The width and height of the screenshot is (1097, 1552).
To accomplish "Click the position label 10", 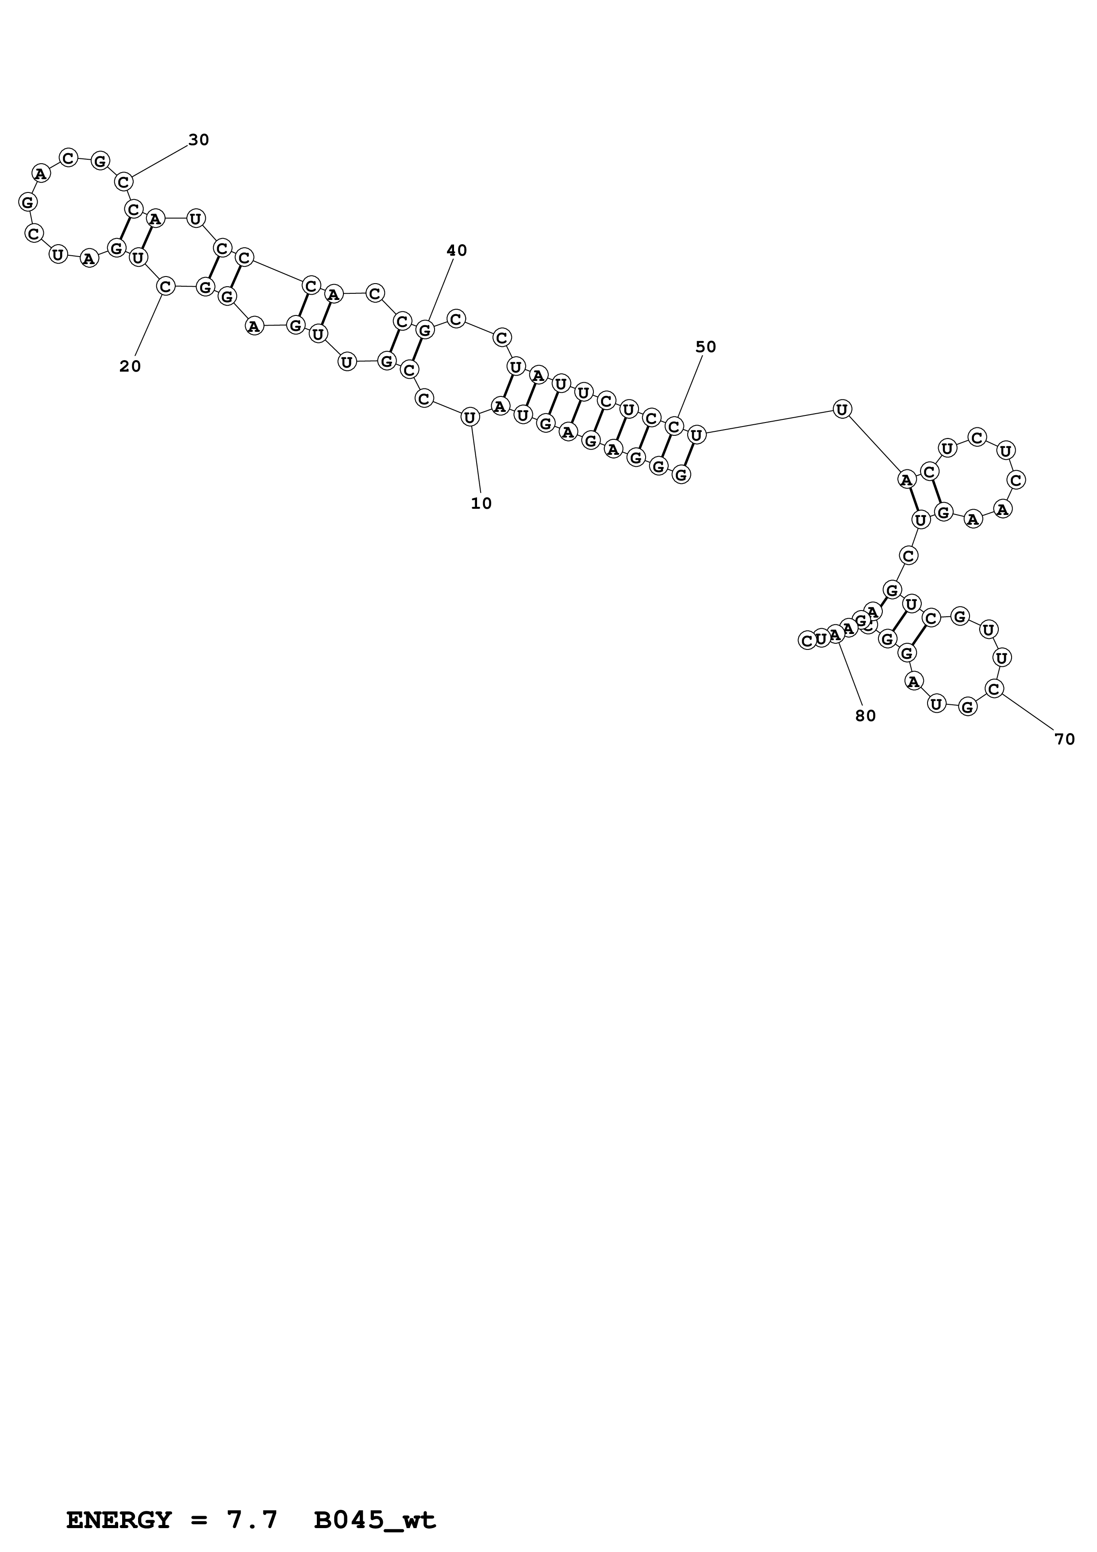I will pos(481,503).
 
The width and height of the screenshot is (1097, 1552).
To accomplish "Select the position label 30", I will pos(199,140).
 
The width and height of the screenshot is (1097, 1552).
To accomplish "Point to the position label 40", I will pos(457,251).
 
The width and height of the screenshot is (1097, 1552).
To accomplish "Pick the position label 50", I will pos(706,347).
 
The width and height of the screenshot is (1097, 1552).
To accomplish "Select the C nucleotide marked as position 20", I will pos(165,287).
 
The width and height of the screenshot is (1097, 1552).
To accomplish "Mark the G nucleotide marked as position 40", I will pos(424,330).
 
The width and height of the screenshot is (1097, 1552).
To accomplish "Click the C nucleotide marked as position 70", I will pos(993,689).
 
